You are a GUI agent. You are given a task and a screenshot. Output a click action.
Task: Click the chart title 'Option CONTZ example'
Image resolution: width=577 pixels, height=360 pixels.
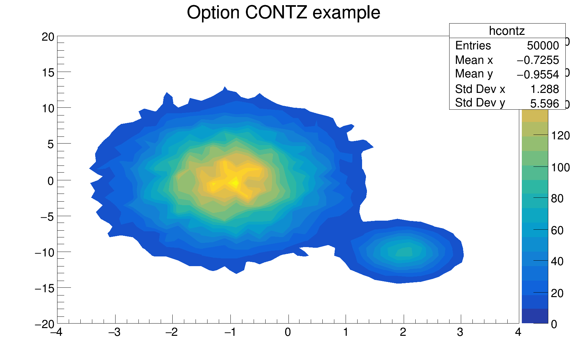[x=283, y=13]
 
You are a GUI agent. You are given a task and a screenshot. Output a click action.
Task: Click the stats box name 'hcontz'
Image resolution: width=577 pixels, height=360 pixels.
[x=507, y=31]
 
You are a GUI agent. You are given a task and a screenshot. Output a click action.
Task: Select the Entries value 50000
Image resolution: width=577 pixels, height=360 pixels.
[x=543, y=46]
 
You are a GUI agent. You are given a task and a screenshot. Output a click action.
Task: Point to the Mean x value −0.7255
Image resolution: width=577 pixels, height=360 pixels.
[x=538, y=60]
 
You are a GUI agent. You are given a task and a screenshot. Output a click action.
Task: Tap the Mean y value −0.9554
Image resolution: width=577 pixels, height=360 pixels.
[x=538, y=75]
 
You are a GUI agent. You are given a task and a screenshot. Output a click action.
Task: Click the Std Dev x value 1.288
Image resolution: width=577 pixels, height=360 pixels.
[x=545, y=89]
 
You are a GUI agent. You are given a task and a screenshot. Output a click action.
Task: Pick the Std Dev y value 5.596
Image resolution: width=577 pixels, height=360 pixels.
[x=544, y=103]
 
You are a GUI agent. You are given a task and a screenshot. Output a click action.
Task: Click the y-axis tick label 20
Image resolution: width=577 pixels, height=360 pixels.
[x=48, y=37]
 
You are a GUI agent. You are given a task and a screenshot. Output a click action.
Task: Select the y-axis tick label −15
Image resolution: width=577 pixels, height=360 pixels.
[x=45, y=288]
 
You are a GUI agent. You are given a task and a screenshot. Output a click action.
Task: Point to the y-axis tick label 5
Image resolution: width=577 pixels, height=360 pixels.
[x=51, y=145]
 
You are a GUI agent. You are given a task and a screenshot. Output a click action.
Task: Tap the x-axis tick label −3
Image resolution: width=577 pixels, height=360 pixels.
[x=114, y=332]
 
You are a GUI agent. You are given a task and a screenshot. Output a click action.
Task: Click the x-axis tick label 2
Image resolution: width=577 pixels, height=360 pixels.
[x=403, y=332]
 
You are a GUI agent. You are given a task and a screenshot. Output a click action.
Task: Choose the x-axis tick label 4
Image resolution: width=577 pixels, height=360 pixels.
[x=518, y=332]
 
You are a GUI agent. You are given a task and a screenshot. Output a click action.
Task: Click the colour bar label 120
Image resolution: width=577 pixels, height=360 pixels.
[x=560, y=135]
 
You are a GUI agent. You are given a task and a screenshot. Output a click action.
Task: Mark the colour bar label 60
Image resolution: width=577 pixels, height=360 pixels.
[x=557, y=230]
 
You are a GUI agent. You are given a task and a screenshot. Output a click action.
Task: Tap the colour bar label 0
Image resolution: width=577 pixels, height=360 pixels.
[x=554, y=324]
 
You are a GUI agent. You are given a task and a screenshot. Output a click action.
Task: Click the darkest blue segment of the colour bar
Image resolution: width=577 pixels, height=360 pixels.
[x=535, y=316]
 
